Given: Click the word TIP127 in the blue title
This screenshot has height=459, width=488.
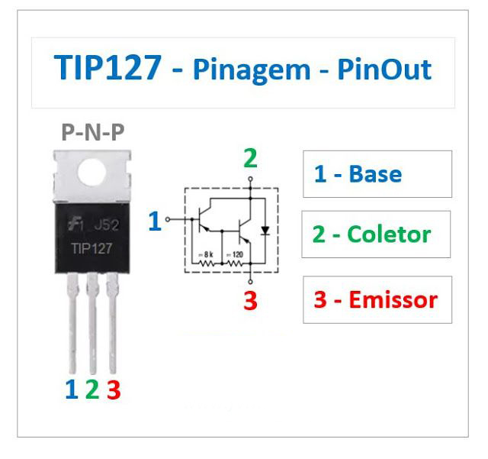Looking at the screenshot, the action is click(108, 67).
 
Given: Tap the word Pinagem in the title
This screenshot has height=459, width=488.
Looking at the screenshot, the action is click(252, 71).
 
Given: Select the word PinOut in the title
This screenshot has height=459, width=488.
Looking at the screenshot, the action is click(384, 69).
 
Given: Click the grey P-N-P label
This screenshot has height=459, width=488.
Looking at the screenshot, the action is click(93, 132).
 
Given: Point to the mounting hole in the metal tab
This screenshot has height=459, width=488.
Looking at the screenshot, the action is click(92, 173).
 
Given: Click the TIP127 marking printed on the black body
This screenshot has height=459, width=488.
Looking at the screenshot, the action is click(91, 248).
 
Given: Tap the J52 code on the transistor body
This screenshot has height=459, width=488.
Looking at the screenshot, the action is click(107, 225).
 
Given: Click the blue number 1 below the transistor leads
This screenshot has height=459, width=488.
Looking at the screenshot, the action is click(72, 390).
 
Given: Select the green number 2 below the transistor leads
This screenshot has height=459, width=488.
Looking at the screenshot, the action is click(92, 390).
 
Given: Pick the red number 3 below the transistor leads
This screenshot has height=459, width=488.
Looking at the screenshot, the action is click(114, 390).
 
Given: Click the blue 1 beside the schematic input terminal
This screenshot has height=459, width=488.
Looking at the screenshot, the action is click(155, 221).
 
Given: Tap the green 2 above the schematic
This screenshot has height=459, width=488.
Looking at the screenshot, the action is click(251, 158).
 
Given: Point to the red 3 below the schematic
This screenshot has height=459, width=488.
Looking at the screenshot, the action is click(251, 301).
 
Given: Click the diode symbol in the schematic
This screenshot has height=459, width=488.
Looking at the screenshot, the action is click(265, 231).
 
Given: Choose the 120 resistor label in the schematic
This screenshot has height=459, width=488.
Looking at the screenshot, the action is click(235, 255).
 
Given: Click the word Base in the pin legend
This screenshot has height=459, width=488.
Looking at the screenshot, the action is click(375, 173).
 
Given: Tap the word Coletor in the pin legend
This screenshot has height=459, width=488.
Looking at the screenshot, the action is click(389, 234).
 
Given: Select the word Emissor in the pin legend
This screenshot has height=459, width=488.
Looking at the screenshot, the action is click(393, 299).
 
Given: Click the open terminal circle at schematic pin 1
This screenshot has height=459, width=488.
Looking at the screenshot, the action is click(168, 219).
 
